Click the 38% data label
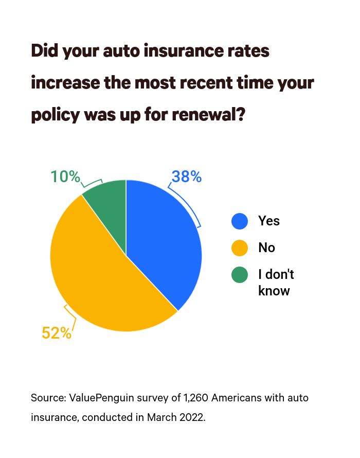coord(186,177)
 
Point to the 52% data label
coord(57,333)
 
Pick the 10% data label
coord(65,177)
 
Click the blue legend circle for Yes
coord(240,221)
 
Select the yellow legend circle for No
coord(240,248)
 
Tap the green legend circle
coord(240,275)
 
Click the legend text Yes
coord(268,221)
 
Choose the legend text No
coord(266,248)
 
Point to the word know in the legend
coord(274,290)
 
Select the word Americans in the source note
coord(235,398)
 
